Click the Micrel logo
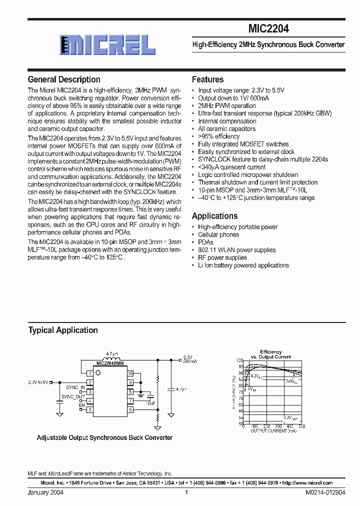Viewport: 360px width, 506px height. pyautogui.click(x=106, y=45)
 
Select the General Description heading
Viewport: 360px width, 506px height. pyautogui.click(x=64, y=79)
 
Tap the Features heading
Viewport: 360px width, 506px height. pyautogui.click(x=208, y=79)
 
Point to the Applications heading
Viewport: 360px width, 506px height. pyautogui.click(x=215, y=216)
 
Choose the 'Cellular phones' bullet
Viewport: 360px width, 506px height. pyautogui.click(x=218, y=234)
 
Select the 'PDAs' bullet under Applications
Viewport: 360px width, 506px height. pyautogui.click(x=206, y=242)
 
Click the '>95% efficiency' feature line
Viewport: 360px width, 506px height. pyautogui.click(x=218, y=136)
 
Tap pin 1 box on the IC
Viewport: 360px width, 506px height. pyautogui.click(x=89, y=373)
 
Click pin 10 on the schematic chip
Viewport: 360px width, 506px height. pyautogui.click(x=130, y=373)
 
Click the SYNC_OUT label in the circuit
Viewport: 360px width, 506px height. pyautogui.click(x=74, y=396)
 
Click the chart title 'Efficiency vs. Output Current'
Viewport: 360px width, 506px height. pyautogui.click(x=270, y=354)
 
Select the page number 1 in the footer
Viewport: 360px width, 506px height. pyautogui.click(x=186, y=492)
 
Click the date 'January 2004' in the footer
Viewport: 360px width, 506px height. pyautogui.click(x=45, y=492)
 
